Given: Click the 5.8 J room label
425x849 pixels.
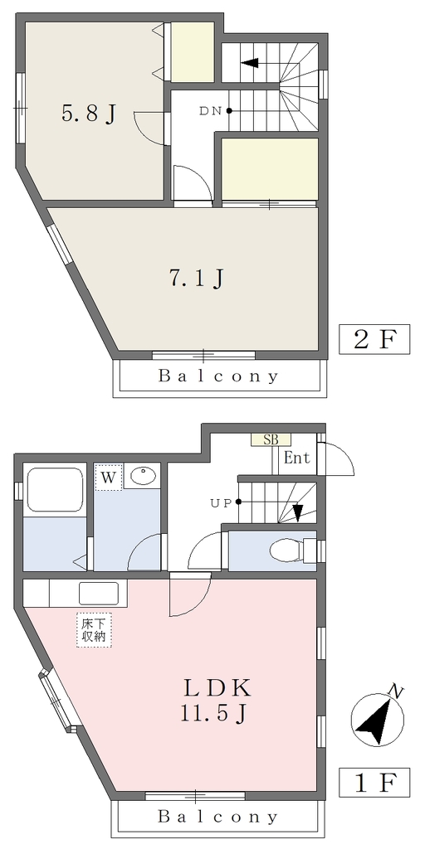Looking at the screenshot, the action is (x=89, y=114).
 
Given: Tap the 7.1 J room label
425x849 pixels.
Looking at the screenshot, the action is (x=196, y=278).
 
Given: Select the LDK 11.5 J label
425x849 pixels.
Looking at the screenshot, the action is (x=217, y=700).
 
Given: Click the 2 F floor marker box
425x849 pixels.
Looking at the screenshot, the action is (x=374, y=339).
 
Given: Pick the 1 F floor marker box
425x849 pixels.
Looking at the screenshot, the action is (x=374, y=782).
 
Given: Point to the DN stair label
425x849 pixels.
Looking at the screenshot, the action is (x=210, y=111).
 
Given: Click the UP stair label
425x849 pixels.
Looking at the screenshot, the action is (x=221, y=502).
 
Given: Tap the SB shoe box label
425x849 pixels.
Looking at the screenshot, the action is (x=271, y=439).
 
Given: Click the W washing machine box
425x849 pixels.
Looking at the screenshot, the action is (x=108, y=477).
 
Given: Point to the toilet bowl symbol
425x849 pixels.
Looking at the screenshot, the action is (x=286, y=551).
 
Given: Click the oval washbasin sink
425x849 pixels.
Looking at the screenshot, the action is (x=143, y=476).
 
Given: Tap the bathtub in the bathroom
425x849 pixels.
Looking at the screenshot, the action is (x=55, y=489).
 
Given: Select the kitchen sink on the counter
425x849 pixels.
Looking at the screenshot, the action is (x=99, y=594).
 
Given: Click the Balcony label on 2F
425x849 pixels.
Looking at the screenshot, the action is (x=218, y=376).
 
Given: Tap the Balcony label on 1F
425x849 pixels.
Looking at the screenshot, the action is (x=218, y=817).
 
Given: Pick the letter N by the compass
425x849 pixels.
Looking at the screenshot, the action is (x=398, y=691).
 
